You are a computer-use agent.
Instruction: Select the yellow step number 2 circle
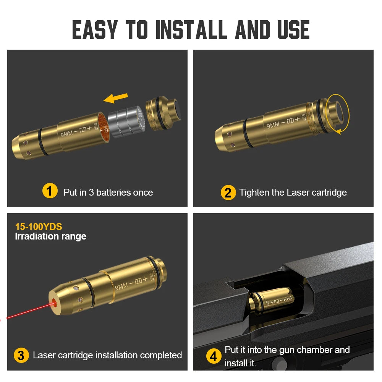pyautogui.click(x=228, y=192)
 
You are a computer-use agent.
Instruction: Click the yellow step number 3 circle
pyautogui.click(x=21, y=355)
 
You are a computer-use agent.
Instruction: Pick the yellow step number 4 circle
pyautogui.click(x=214, y=356)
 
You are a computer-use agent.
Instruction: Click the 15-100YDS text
pyautogui.click(x=38, y=227)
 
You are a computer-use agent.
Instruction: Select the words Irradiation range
pyautogui.click(x=50, y=236)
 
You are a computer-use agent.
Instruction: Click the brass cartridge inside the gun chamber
pyautogui.click(x=271, y=302)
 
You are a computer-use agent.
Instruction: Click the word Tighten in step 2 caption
pyautogui.click(x=254, y=192)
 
